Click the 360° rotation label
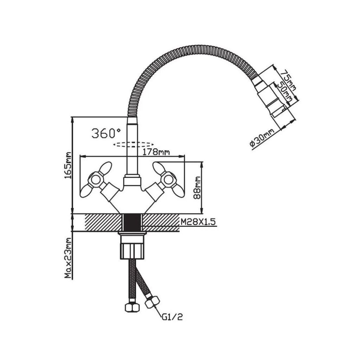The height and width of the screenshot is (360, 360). (x=106, y=133)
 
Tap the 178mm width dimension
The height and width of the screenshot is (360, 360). (x=156, y=152)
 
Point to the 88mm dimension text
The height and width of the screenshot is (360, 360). (x=197, y=188)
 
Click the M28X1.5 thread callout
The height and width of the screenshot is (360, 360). (x=198, y=222)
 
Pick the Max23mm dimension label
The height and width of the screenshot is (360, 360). (x=68, y=258)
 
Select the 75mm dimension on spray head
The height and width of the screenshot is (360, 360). (x=289, y=80)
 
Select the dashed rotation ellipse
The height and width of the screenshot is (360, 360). (x=133, y=144)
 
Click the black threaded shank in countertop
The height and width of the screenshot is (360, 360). (x=132, y=223)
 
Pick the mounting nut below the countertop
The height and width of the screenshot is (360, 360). (x=132, y=247)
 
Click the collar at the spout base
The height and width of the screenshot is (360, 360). (x=132, y=180)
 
